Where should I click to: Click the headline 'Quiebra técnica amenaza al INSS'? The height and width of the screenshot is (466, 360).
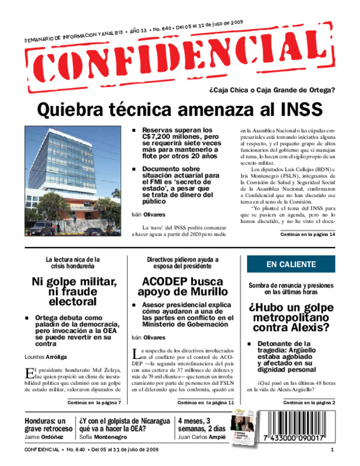point(180,109)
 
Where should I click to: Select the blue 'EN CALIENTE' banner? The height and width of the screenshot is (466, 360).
point(291,264)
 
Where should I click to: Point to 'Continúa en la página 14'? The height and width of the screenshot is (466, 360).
point(308,235)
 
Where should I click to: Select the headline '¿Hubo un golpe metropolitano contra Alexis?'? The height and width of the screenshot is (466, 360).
point(290,318)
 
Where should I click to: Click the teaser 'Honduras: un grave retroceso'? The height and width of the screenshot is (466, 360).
point(48,424)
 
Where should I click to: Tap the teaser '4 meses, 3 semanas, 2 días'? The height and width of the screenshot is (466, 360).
point(202,424)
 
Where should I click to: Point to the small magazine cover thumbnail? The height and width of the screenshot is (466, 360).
point(244,429)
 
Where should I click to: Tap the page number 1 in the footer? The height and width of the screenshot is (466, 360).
point(332,449)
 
